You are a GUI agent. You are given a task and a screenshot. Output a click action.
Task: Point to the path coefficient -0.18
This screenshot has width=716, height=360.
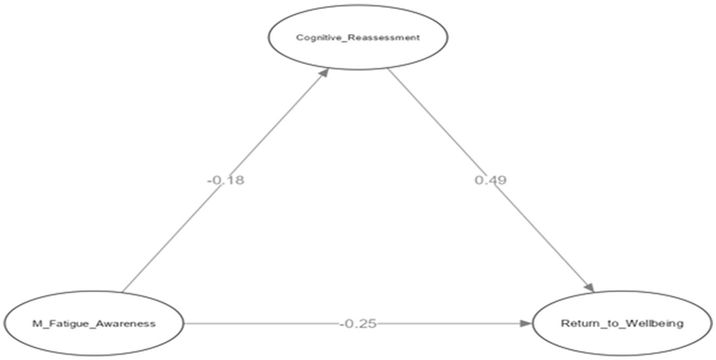tap(225, 180)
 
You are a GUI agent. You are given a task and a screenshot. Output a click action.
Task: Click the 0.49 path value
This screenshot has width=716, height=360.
tap(490, 180)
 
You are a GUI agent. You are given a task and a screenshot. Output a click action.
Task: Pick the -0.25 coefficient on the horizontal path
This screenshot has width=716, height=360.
tap(358, 324)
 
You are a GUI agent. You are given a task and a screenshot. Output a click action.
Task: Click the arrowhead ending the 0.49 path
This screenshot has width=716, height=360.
tap(589, 286)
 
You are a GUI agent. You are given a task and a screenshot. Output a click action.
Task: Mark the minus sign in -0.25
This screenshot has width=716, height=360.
tap(342, 324)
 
